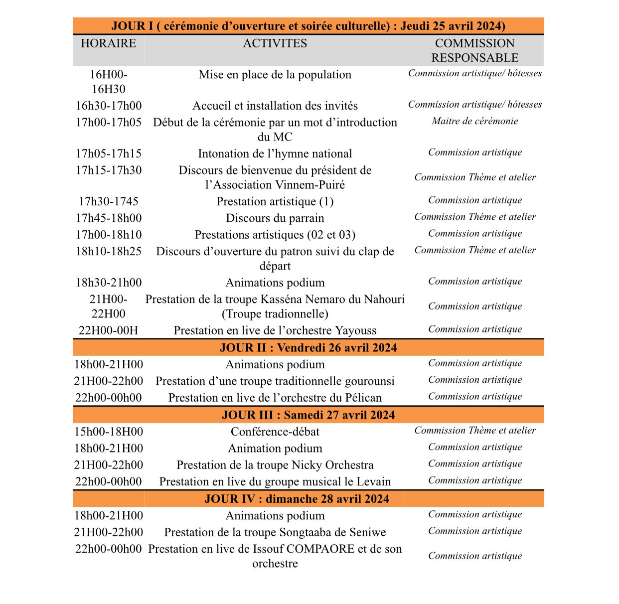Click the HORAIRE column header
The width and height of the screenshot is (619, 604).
[x=108, y=43]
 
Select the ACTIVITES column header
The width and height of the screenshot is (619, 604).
[x=275, y=43]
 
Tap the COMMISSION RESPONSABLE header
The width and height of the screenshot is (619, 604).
[x=474, y=50]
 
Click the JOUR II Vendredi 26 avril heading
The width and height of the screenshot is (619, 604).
[x=308, y=347]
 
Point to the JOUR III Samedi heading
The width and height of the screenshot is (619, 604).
[x=308, y=415]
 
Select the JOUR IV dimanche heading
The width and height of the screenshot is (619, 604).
[x=297, y=499]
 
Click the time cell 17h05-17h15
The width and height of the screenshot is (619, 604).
[x=108, y=153]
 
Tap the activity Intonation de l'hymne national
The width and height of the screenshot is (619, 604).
[x=275, y=153]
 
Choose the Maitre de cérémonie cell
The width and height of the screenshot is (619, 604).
[x=474, y=121]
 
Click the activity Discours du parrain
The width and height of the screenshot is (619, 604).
[x=275, y=218]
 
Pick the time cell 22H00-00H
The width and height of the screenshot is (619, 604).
[x=108, y=330]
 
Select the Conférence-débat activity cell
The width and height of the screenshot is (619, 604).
[x=275, y=432]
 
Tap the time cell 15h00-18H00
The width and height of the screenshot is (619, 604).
[x=108, y=432]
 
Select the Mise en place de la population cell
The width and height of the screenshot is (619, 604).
[x=275, y=75]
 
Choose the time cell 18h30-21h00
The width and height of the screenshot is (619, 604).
[x=108, y=283]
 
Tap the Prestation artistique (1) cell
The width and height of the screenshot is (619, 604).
[x=275, y=201]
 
